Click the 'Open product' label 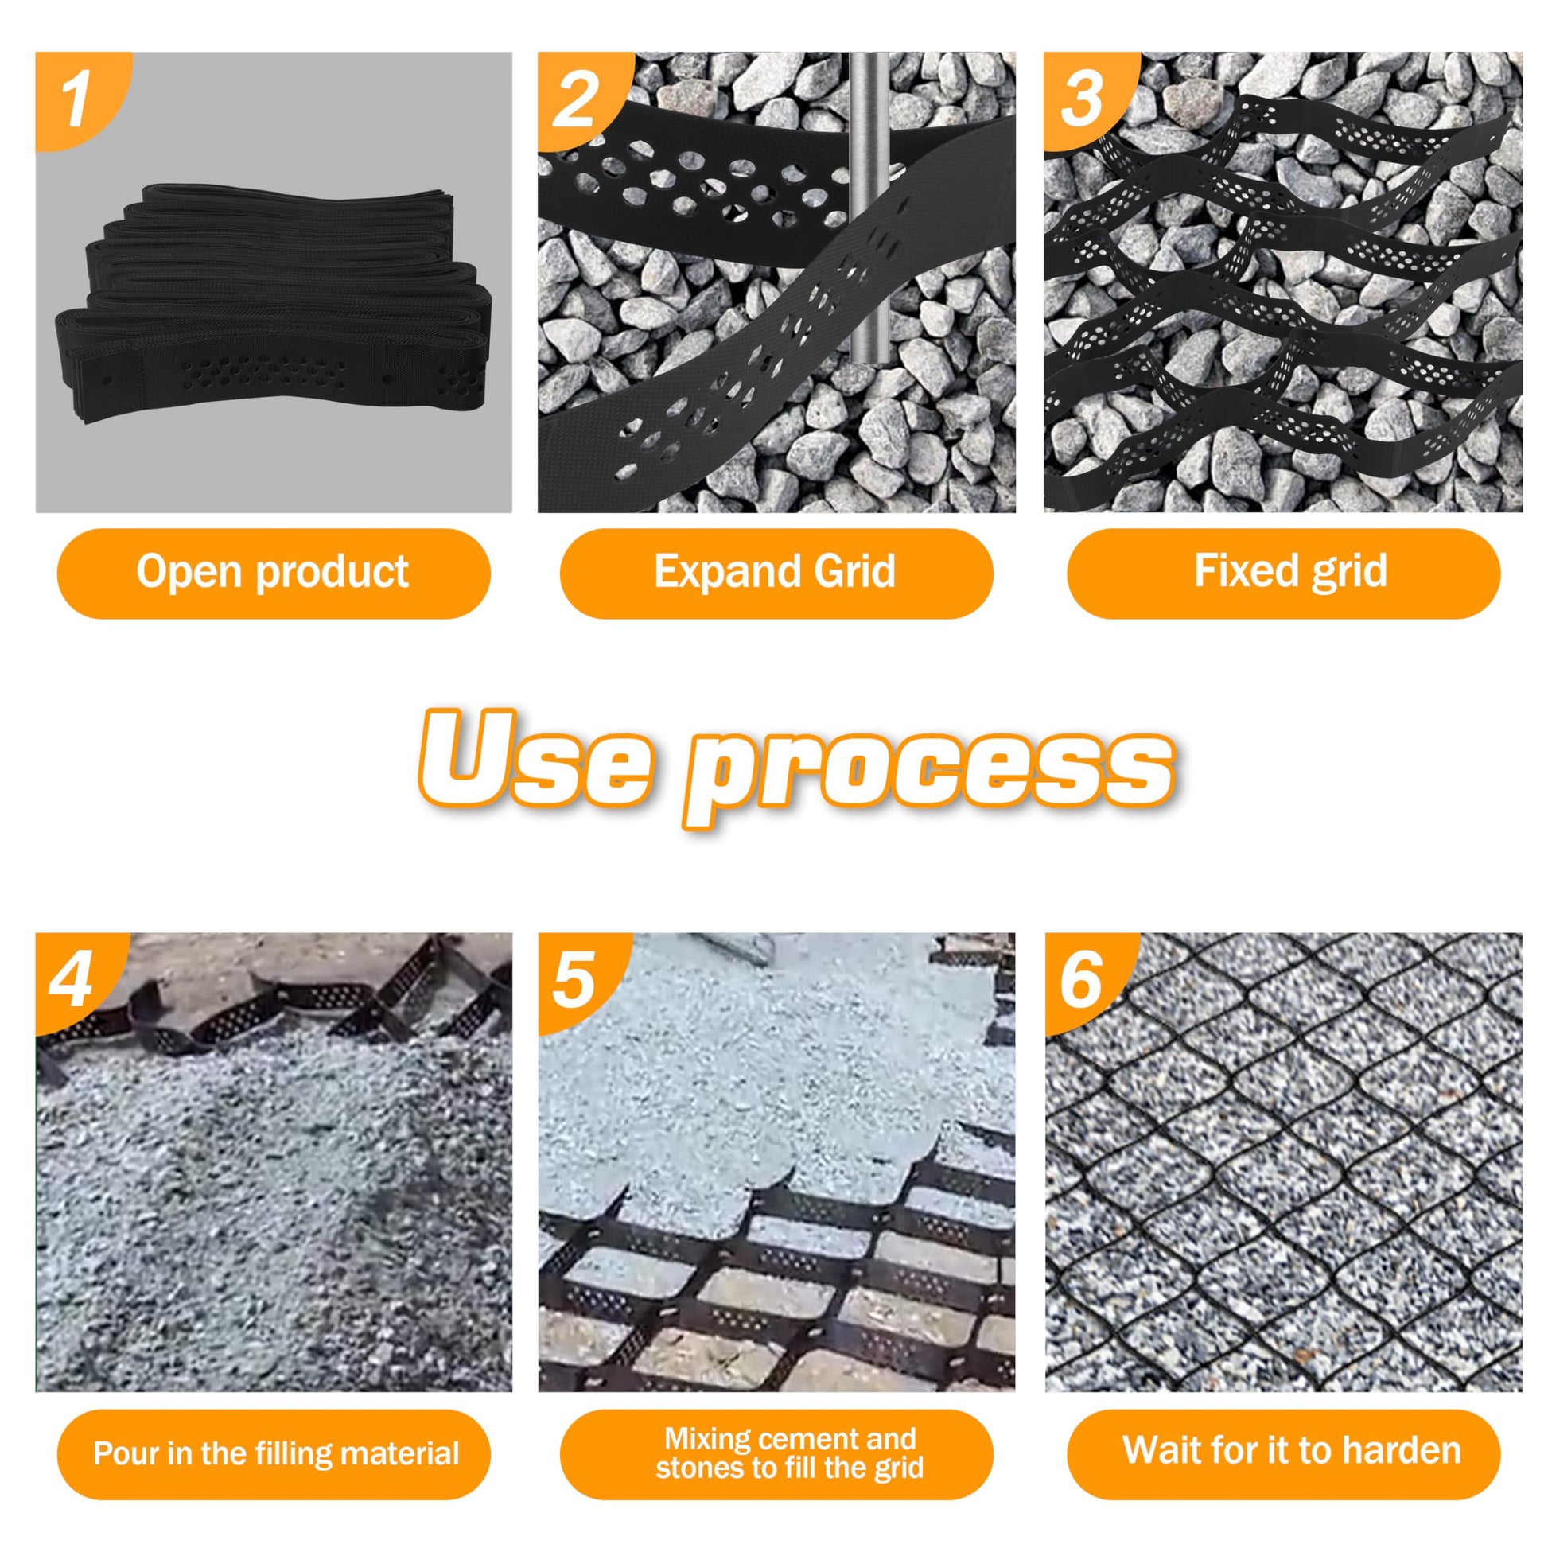[x=273, y=573]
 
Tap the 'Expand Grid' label [x=776, y=573]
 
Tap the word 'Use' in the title [x=534, y=759]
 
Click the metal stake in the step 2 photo [x=867, y=208]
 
